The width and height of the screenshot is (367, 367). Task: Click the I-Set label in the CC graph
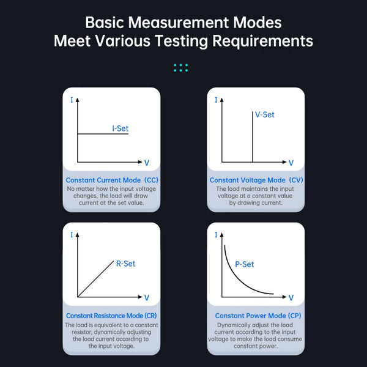(x=120, y=128)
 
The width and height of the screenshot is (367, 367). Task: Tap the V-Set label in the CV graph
(x=265, y=114)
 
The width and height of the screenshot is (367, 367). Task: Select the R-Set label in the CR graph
(x=125, y=264)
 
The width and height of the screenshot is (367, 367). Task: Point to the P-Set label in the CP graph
(x=244, y=264)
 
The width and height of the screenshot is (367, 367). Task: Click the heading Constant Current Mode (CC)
(x=112, y=180)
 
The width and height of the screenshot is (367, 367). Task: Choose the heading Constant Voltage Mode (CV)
(x=256, y=180)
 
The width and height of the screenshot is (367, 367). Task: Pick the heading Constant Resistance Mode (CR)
(x=111, y=316)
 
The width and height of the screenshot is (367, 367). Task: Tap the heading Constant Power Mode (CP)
(x=258, y=316)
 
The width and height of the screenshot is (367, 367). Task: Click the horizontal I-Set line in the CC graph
(x=103, y=134)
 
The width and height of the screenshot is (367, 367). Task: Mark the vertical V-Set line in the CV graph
(x=252, y=136)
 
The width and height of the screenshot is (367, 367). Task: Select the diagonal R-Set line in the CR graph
(x=96, y=278)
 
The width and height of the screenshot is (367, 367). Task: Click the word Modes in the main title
(x=258, y=23)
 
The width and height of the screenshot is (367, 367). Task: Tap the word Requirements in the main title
(x=262, y=41)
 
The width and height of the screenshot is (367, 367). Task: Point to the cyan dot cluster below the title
(x=180, y=67)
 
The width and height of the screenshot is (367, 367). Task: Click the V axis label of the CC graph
(x=147, y=163)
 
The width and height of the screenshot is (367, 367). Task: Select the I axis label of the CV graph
(x=216, y=100)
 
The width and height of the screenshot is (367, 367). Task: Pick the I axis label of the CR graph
(x=72, y=235)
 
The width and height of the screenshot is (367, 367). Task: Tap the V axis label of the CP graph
(x=291, y=298)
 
